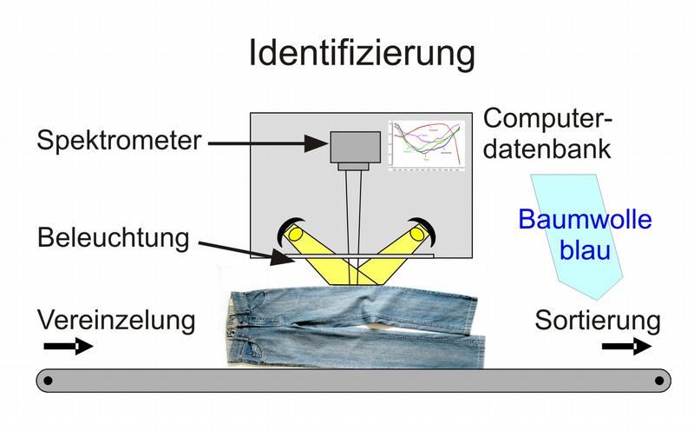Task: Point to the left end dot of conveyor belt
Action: [x=49, y=381]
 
